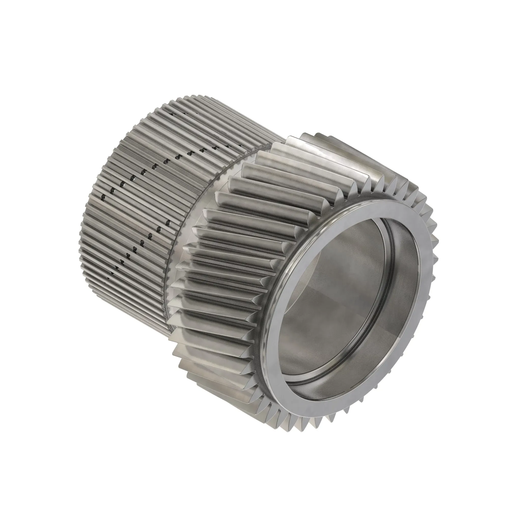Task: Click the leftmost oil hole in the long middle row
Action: (x=103, y=197)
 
